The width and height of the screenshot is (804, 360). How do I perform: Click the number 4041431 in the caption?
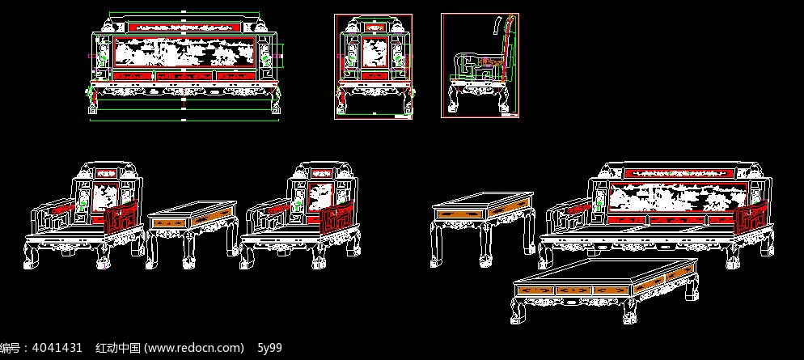(57, 348)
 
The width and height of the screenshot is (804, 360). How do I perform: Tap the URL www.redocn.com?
(194, 348)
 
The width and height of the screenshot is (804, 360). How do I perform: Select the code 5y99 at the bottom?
(269, 348)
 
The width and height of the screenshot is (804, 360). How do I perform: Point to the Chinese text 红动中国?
(118, 348)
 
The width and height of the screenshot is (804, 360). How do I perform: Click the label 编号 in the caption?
(11, 348)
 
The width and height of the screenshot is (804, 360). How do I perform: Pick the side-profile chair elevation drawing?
(480, 66)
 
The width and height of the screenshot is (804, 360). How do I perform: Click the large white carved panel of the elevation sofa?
(184, 52)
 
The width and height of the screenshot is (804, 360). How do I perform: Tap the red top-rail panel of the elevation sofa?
(184, 26)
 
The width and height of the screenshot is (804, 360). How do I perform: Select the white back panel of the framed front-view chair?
(373, 53)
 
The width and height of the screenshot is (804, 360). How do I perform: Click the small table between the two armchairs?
(193, 233)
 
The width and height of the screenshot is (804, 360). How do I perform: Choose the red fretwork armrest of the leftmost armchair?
(121, 218)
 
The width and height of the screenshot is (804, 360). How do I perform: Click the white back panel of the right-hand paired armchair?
(319, 198)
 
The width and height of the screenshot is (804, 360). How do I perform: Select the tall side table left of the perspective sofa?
(482, 228)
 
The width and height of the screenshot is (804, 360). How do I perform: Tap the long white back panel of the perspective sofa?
(676, 196)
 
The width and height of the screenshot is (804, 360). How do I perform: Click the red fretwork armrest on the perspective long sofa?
(751, 218)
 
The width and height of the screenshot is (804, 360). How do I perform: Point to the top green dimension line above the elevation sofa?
(184, 12)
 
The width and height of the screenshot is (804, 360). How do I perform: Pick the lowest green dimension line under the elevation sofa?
(184, 121)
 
